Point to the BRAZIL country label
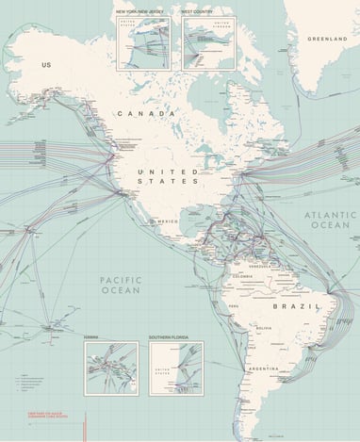pyautogui.click(x=291, y=306)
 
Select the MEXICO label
pyautogui.click(x=168, y=221)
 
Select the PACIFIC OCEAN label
pyautogui.click(x=121, y=286)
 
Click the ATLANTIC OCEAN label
pyautogui.click(x=330, y=221)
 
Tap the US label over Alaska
pyautogui.click(x=45, y=64)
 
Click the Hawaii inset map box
pyautogui.click(x=110, y=367)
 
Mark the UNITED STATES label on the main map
pyautogui.click(x=167, y=175)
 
